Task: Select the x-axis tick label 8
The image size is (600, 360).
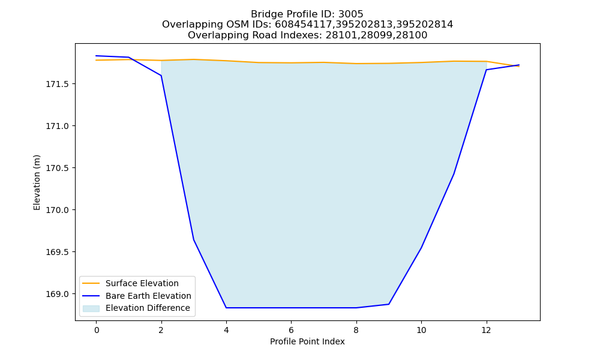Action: (x=356, y=330)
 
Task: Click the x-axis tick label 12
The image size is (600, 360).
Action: (x=486, y=330)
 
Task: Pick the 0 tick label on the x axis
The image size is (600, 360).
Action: (x=97, y=330)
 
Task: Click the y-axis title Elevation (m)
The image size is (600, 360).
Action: (x=37, y=182)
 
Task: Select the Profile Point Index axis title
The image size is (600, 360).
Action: (x=307, y=341)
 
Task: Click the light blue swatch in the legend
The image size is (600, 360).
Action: (x=91, y=308)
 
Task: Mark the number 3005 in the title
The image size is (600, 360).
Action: (x=350, y=14)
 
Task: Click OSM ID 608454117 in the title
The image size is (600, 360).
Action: (x=305, y=25)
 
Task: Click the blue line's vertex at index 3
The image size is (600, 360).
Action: (x=194, y=240)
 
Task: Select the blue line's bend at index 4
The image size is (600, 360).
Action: (x=226, y=308)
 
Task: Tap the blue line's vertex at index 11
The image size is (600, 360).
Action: (x=454, y=174)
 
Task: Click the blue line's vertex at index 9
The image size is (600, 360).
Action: (x=389, y=304)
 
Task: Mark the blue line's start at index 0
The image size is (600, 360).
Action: (x=96, y=56)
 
